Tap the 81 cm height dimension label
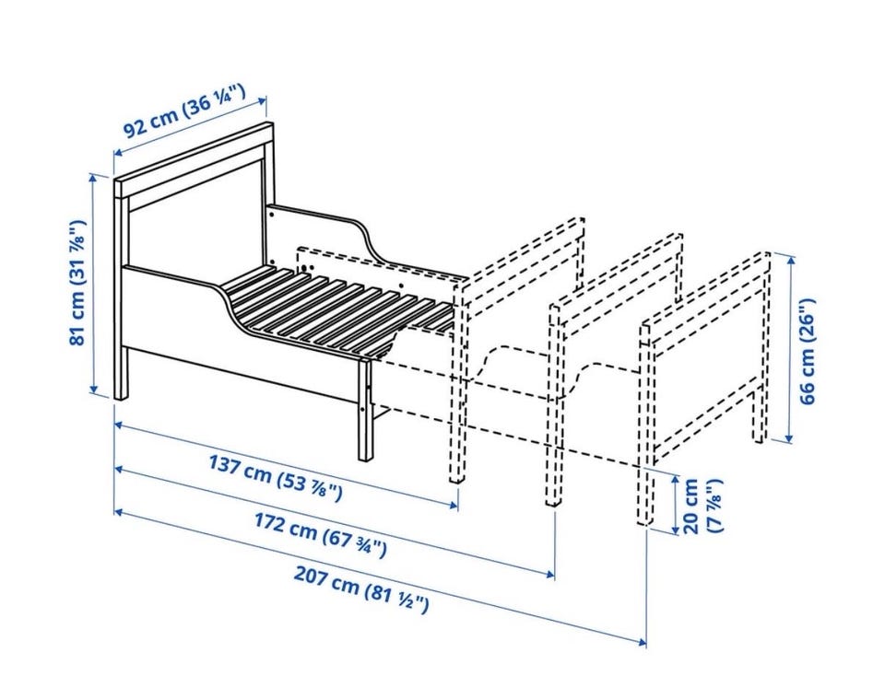(x=77, y=282)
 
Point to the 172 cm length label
(x=320, y=535)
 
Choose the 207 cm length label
(x=361, y=589)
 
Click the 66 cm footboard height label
(x=808, y=351)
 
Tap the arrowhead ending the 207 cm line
(x=641, y=641)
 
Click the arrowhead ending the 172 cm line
(x=549, y=574)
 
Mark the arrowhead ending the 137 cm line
(x=452, y=504)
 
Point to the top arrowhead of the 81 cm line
(x=94, y=178)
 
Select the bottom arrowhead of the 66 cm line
(x=790, y=437)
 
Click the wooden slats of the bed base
(x=338, y=310)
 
